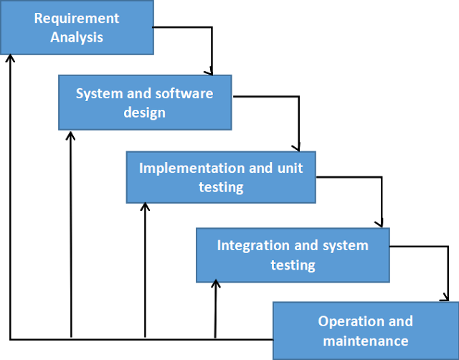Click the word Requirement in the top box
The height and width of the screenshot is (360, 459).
click(77, 18)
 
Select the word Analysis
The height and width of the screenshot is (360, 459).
click(77, 37)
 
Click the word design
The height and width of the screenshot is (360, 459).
click(144, 113)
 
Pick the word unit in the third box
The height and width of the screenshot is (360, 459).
click(290, 168)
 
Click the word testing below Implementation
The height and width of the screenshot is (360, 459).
click(221, 187)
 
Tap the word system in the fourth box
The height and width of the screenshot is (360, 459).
click(345, 245)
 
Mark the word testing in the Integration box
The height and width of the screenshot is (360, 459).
click(293, 265)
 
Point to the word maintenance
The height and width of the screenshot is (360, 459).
click(366, 341)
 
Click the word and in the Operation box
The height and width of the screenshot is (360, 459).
click(400, 321)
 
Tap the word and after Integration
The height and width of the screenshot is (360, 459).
click(306, 245)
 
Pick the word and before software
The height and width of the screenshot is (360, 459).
click(137, 93)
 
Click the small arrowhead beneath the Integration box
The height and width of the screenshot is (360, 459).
click(215, 281)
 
